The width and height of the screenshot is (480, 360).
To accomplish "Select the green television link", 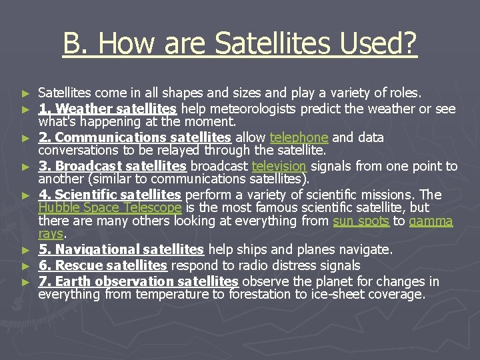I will [279, 166].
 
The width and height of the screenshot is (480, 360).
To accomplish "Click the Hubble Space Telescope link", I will [110, 207].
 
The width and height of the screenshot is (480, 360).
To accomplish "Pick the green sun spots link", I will [361, 221].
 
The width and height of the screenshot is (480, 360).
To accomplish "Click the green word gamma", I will [431, 221].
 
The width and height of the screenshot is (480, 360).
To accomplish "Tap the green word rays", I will [50, 233].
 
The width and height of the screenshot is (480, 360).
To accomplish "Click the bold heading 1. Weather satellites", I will [107, 109].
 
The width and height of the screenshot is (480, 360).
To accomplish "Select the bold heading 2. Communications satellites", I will [135, 137].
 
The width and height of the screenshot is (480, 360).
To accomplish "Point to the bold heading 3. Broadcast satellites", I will [112, 166].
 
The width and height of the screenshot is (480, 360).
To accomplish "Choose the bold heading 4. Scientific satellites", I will [109, 195].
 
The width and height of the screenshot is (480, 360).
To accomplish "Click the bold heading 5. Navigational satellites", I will [121, 249].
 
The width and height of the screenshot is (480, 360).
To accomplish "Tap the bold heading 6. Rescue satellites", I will [102, 265].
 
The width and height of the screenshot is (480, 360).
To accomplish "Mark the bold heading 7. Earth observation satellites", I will [138, 281].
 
